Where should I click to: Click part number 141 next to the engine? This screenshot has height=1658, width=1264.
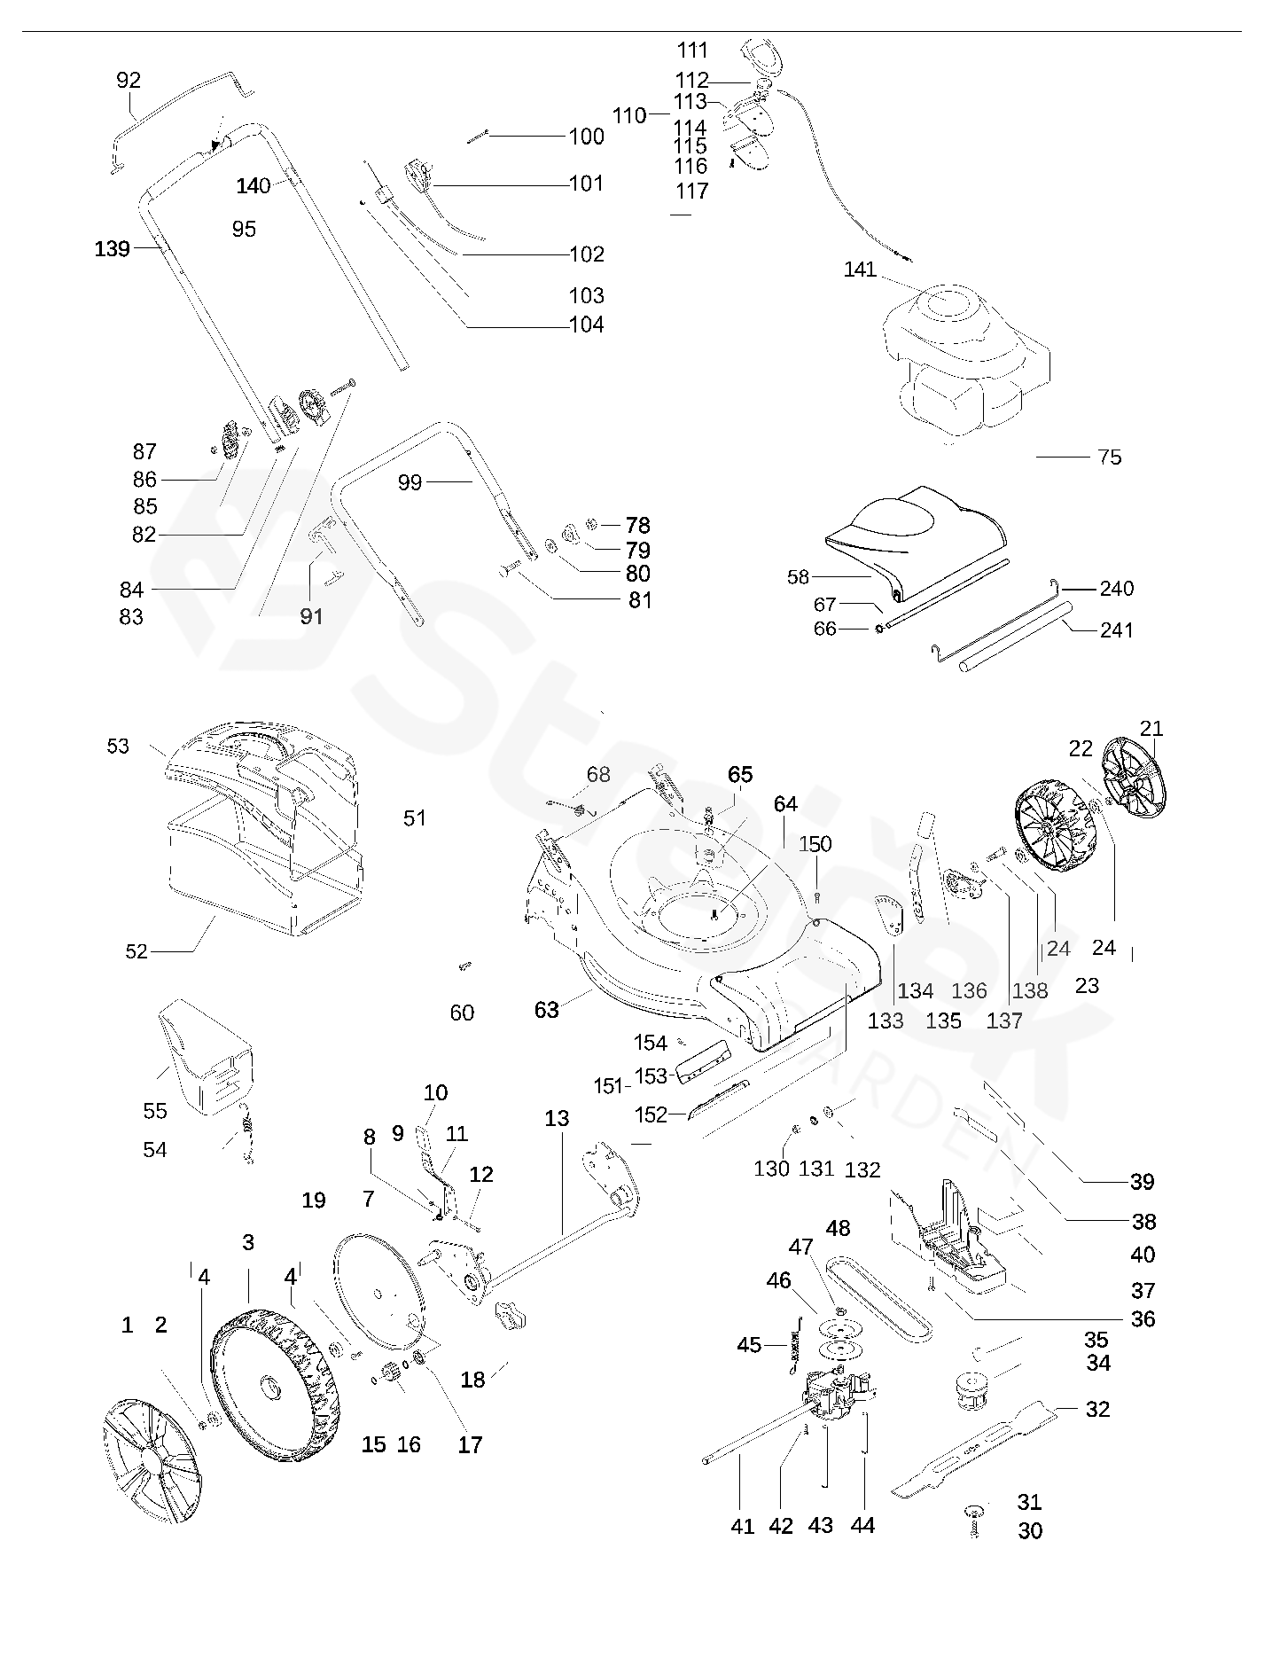[859, 270]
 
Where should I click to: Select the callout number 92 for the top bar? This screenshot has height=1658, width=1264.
[129, 81]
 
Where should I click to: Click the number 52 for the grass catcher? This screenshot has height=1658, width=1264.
[136, 951]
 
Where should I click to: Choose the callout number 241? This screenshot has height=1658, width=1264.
[1116, 630]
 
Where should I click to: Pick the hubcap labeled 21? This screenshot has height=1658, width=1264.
[1132, 778]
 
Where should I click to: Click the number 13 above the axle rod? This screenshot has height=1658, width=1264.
[557, 1119]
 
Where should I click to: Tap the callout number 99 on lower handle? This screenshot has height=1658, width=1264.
[410, 483]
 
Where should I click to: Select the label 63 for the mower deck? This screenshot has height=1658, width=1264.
[546, 1010]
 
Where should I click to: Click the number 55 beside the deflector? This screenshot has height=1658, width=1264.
[155, 1111]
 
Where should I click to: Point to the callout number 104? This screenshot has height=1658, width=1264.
[586, 325]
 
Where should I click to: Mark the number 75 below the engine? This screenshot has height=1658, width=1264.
[1110, 458]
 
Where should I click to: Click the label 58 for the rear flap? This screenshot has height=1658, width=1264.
[798, 577]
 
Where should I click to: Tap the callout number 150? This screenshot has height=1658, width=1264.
[815, 844]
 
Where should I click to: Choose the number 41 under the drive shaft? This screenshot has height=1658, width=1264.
[742, 1526]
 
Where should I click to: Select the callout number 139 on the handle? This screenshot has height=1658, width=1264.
[113, 249]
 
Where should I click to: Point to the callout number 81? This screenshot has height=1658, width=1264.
[640, 600]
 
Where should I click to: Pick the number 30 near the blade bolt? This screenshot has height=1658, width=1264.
[1030, 1531]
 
